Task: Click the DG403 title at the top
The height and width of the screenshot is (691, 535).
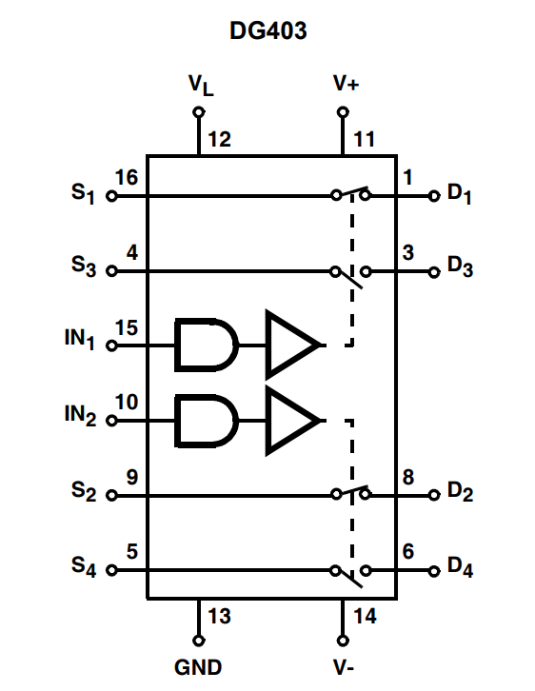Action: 267,30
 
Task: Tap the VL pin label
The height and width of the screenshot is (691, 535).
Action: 201,85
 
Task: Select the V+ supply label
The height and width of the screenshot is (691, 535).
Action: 346,83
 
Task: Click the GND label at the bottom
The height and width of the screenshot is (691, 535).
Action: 198,667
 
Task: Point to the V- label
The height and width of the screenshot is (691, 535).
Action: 344,667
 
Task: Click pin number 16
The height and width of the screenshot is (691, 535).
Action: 127,178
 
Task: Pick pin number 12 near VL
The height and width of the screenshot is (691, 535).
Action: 220,140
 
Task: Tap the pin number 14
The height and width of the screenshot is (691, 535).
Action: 365,616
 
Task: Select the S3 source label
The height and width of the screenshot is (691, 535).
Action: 84,267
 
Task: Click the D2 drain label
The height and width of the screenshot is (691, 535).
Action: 460,492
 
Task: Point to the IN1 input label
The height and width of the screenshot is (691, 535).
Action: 80,340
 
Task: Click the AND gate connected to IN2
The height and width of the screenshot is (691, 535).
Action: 207,421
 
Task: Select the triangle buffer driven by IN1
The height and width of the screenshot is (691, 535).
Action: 292,345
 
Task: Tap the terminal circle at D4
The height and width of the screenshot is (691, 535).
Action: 434,571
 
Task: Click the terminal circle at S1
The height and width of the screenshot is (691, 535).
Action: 111,196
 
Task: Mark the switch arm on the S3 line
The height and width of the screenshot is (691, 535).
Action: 348,280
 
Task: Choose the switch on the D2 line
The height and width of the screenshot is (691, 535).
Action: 350,492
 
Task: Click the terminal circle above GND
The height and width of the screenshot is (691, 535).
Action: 199,641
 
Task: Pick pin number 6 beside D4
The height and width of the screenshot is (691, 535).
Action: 408,552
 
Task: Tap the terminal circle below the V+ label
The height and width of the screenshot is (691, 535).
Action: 343,112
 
